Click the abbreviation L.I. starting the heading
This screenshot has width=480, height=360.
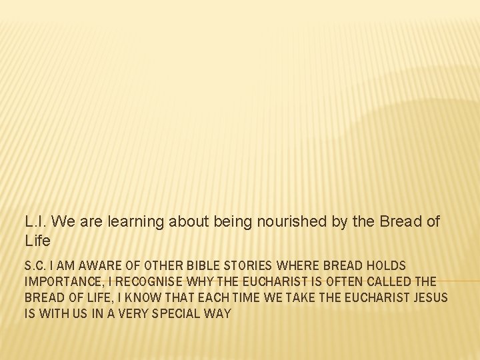click(35, 221)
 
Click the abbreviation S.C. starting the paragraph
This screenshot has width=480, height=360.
click(35, 266)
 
